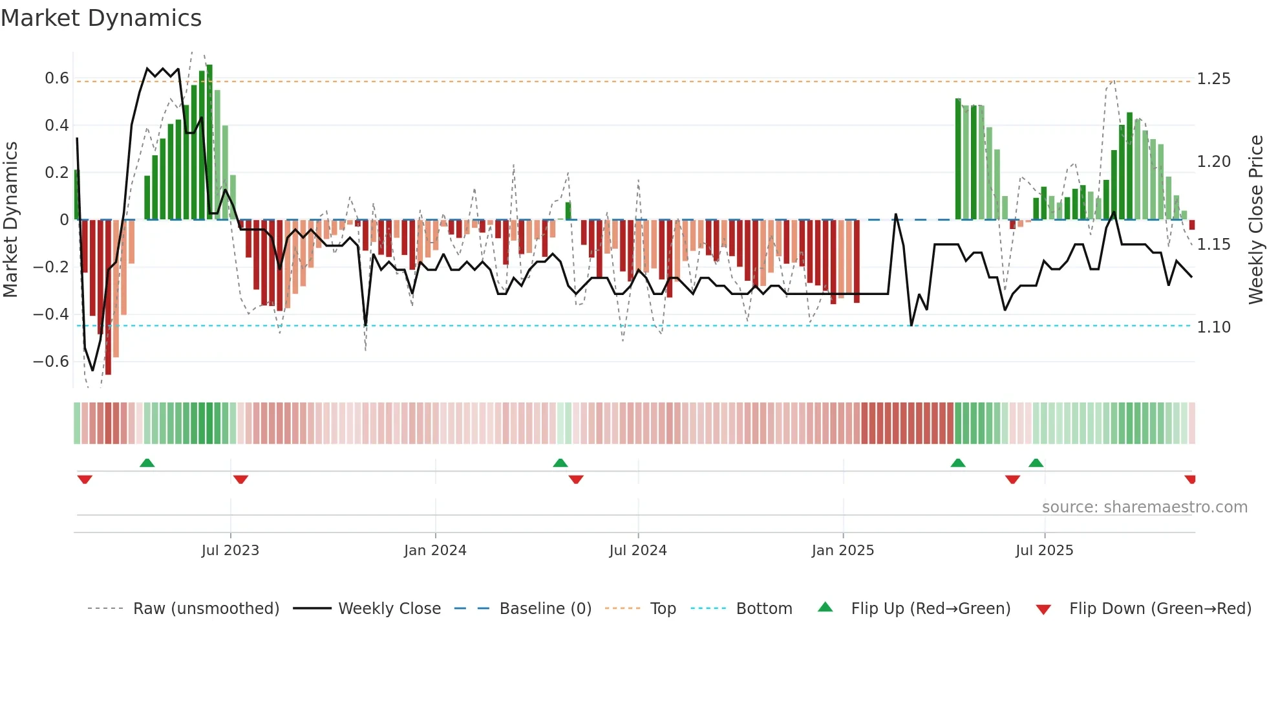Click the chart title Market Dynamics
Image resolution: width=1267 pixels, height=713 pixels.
pos(101,18)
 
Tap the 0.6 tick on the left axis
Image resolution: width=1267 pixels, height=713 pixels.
pos(57,78)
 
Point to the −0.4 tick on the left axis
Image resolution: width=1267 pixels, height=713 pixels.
pos(51,314)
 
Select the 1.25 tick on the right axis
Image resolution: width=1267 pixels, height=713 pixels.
pos(1213,79)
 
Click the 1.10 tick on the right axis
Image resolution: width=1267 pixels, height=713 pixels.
pos(1213,327)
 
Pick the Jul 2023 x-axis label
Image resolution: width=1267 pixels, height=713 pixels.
pos(230,551)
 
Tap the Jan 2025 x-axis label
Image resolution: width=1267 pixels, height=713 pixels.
pos(843,551)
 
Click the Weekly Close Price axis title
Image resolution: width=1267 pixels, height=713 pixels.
pos(1255,219)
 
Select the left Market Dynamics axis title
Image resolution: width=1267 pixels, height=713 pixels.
pos(10,219)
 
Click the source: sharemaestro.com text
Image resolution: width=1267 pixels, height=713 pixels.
pos(1144,507)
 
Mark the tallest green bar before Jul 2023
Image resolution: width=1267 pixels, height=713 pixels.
pos(209,142)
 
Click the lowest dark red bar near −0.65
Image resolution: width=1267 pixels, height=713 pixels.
pos(108,298)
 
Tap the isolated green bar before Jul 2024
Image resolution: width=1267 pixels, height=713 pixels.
pos(568,211)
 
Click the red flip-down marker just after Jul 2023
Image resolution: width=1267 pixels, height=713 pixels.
pos(240,479)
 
